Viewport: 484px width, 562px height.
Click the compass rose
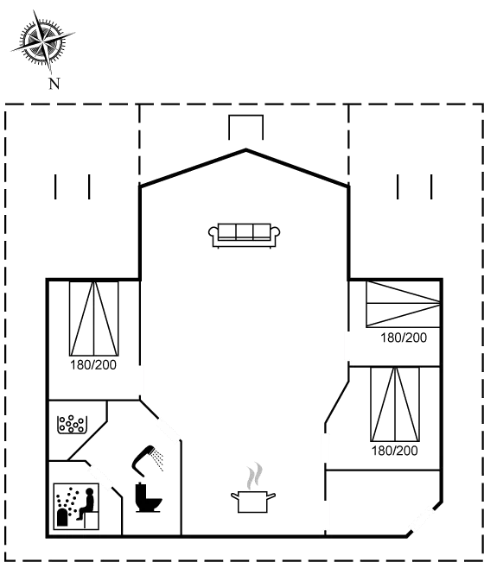click(x=43, y=41)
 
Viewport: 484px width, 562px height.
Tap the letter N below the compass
click(x=54, y=84)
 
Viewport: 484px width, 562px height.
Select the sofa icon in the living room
click(x=245, y=236)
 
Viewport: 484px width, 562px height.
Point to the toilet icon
click(x=148, y=497)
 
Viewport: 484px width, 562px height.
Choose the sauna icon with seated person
click(x=76, y=506)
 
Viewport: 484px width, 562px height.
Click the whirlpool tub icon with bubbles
click(x=72, y=425)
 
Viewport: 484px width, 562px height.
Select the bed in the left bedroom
click(x=93, y=319)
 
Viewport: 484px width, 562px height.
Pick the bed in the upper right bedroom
click(x=403, y=304)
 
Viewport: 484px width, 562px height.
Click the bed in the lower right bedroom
click(x=395, y=404)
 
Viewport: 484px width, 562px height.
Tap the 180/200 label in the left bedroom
click(x=93, y=365)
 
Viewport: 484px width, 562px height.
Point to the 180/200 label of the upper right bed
click(x=404, y=338)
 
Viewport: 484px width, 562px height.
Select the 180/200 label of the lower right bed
click(x=395, y=451)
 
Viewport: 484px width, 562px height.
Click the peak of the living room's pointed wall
click(x=246, y=150)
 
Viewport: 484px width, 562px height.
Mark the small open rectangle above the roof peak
click(x=246, y=116)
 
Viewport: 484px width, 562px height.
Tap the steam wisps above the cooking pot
click(x=254, y=476)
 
